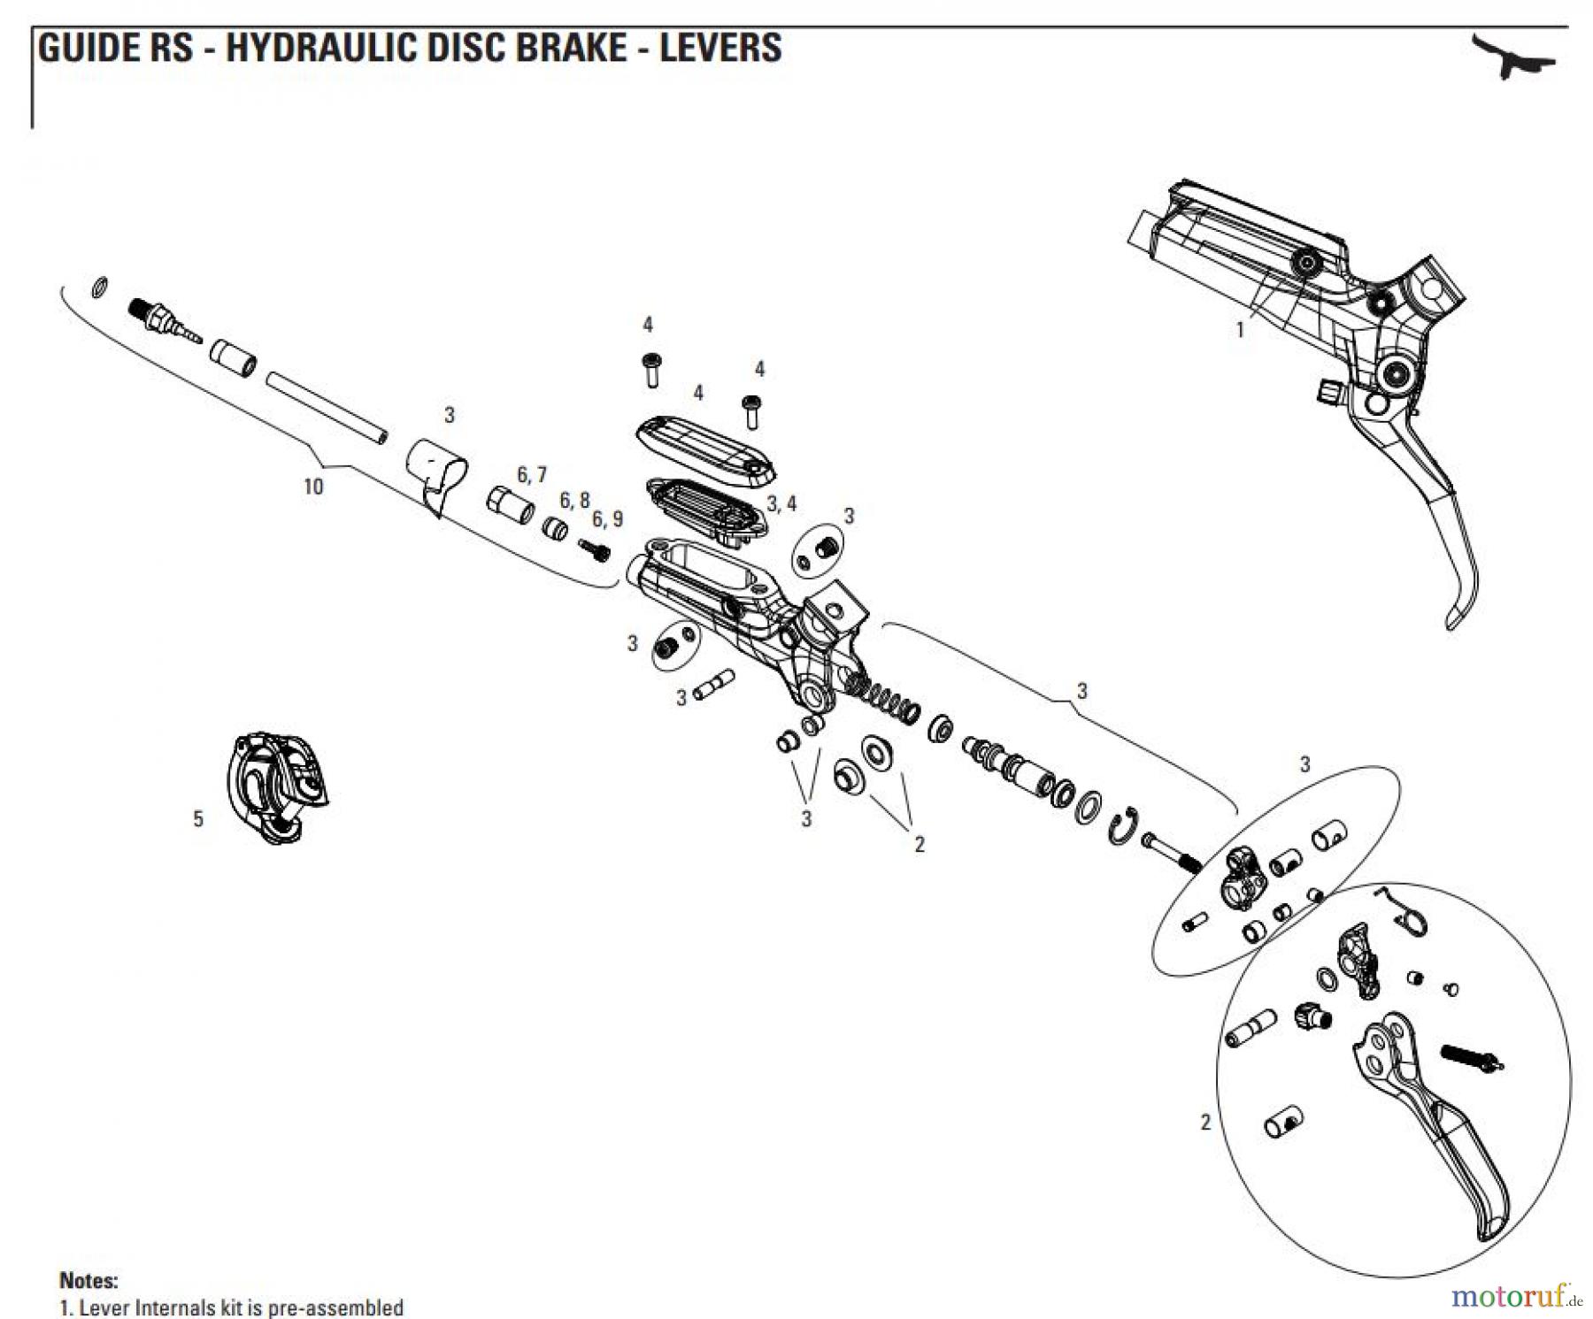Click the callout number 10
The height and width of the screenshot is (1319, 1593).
pos(313,487)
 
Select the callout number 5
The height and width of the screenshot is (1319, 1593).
pos(198,820)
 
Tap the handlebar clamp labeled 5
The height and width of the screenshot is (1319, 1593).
pos(275,786)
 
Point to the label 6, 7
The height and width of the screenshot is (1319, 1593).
pos(532,476)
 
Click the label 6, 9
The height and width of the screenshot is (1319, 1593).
pos(607,519)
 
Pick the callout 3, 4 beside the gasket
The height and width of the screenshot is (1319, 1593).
pos(781,504)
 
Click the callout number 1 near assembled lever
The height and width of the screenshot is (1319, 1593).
pos(1240,330)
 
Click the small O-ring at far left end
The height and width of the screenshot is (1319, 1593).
pos(101,288)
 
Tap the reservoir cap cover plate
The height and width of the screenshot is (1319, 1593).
pos(705,450)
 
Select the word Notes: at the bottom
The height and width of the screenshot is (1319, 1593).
pos(88,1280)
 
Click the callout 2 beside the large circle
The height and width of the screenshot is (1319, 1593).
pos(1204,1123)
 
